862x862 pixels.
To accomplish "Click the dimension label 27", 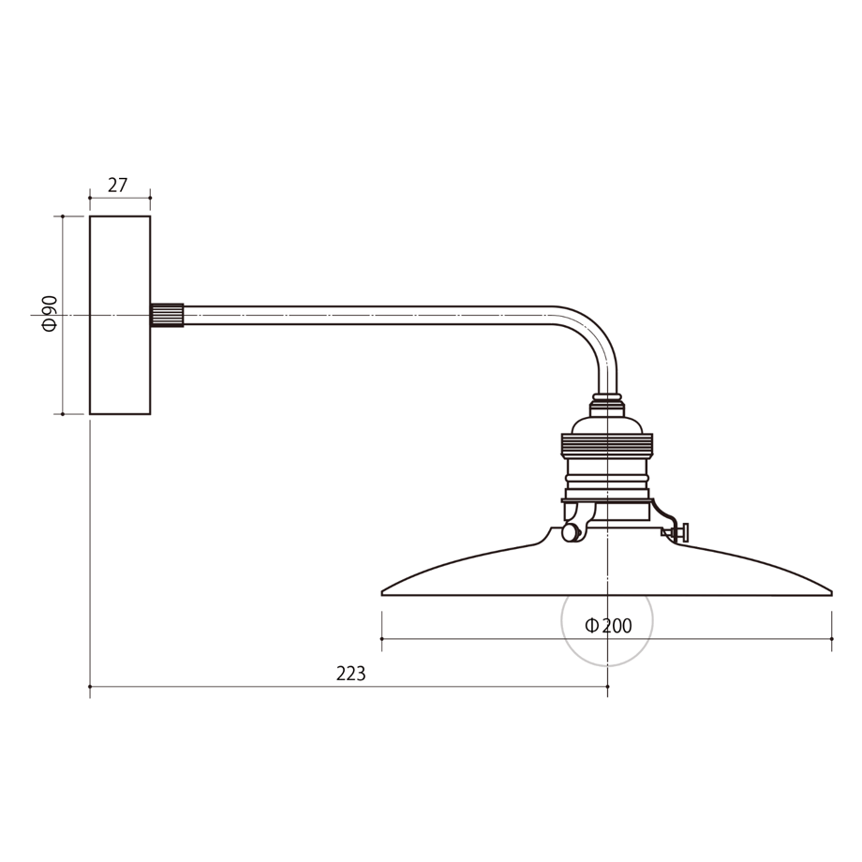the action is [x=117, y=186].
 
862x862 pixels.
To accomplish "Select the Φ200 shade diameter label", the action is [x=608, y=626].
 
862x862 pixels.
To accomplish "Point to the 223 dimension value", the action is [x=350, y=674].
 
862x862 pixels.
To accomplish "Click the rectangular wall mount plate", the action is [x=120, y=315].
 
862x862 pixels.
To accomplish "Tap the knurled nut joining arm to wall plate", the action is [x=167, y=315].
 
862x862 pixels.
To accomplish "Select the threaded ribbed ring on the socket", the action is [x=607, y=444].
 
